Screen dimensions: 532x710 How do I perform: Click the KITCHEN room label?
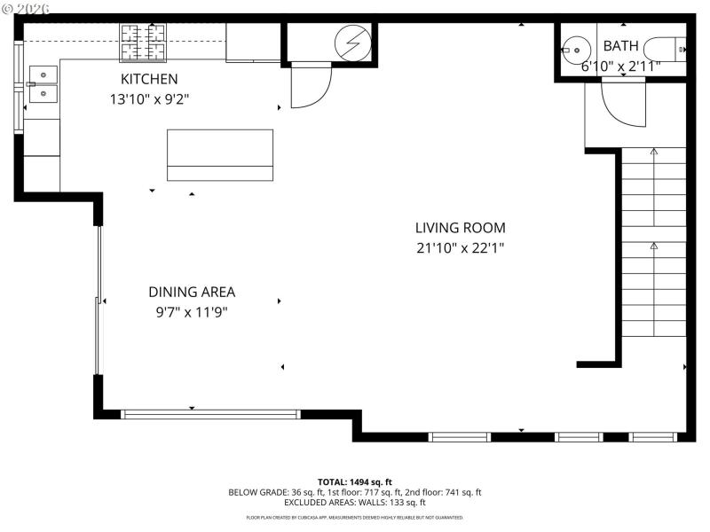tap(149, 79)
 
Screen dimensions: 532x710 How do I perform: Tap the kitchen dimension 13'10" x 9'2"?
tap(149, 99)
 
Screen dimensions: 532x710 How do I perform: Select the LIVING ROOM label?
tap(460, 228)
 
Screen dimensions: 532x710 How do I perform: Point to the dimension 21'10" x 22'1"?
tap(460, 248)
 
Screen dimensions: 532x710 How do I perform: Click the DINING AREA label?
tap(192, 292)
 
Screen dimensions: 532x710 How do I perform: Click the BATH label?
tap(620, 45)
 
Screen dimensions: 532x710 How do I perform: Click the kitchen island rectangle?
tap(220, 155)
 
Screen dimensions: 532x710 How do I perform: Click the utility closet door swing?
tap(310, 86)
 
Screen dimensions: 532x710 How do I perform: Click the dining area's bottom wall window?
tap(210, 414)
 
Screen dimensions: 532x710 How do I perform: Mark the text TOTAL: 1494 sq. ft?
tap(354, 481)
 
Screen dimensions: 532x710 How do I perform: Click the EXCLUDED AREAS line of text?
tap(354, 503)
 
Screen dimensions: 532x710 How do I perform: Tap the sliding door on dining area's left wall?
tap(99, 301)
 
